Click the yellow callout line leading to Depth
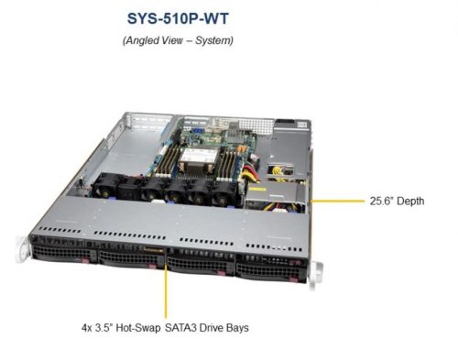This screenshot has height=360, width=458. [x=339, y=200]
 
